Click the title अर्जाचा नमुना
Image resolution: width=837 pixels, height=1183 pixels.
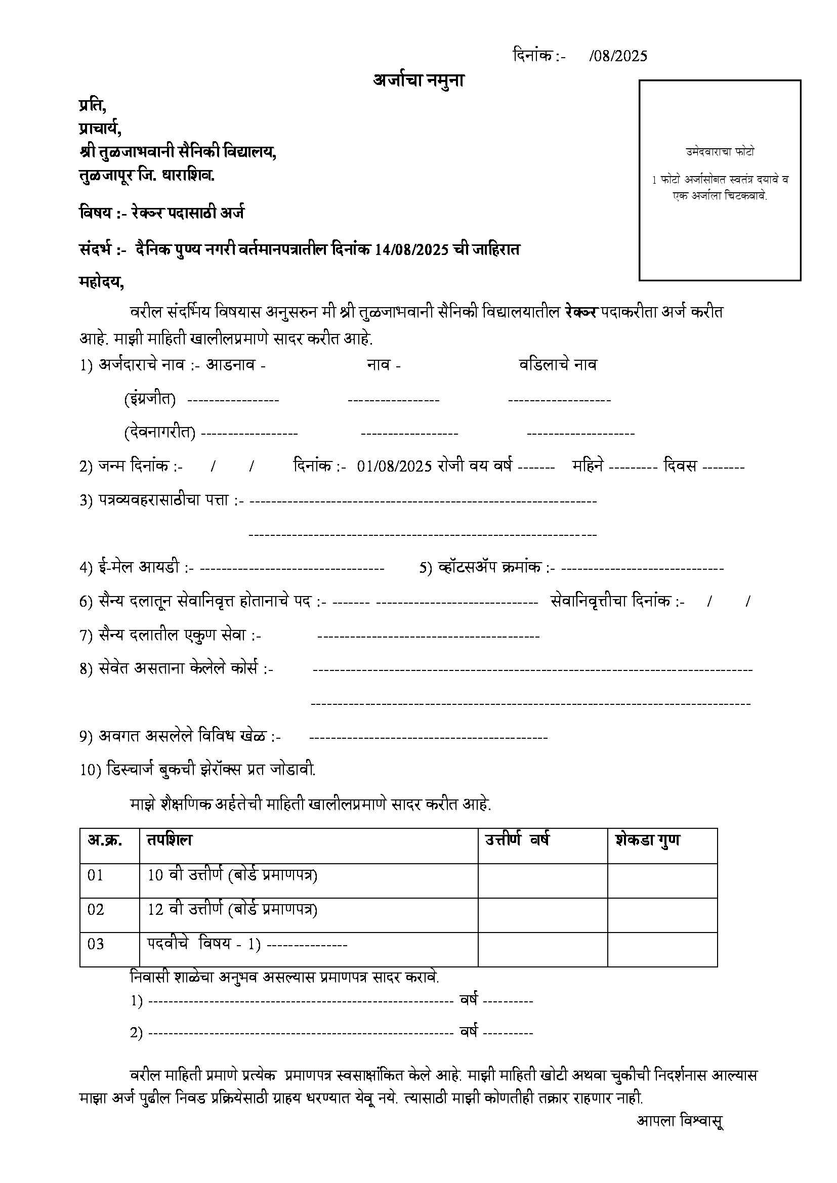[418, 81]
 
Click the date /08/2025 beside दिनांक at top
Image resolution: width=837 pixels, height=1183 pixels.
[618, 56]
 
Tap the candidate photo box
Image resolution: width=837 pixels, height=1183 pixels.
[720, 180]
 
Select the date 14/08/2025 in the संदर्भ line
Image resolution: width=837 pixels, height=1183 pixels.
[411, 250]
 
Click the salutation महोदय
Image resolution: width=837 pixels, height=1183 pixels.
[101, 282]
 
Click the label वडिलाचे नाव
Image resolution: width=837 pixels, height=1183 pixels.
[558, 365]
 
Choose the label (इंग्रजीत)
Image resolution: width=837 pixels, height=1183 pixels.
[149, 399]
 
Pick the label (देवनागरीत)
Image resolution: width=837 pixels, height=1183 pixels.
[159, 432]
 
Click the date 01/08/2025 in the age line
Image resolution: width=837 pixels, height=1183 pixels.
[394, 466]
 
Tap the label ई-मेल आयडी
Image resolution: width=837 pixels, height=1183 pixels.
[138, 567]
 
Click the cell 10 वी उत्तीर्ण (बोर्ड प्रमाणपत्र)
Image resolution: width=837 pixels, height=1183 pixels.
[232, 875]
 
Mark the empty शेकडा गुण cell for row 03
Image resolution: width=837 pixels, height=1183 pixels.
[662, 944]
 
